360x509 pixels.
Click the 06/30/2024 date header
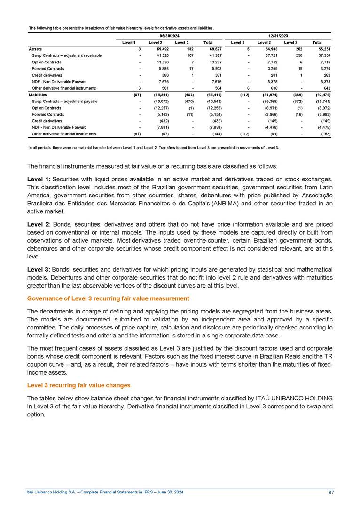[170, 36]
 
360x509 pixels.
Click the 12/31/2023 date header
[279, 36]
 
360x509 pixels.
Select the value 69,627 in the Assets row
[213, 49]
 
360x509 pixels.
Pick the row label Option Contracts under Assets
[47, 62]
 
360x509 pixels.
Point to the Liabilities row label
[39, 94]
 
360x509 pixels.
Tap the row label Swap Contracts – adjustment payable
[65, 101]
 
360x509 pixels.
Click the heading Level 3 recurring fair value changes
[78, 385]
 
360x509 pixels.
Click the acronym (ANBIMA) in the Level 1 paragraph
[227, 204]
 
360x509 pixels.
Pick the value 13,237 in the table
[213, 62]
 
